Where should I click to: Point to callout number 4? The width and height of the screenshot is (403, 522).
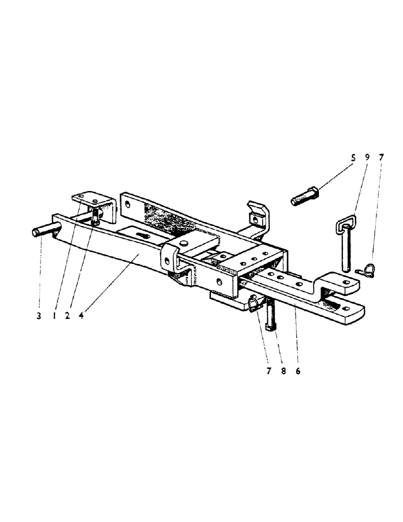click(81, 315)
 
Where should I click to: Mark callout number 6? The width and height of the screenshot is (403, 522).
click(284, 371)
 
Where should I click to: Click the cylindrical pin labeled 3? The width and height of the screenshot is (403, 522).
click(43, 230)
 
